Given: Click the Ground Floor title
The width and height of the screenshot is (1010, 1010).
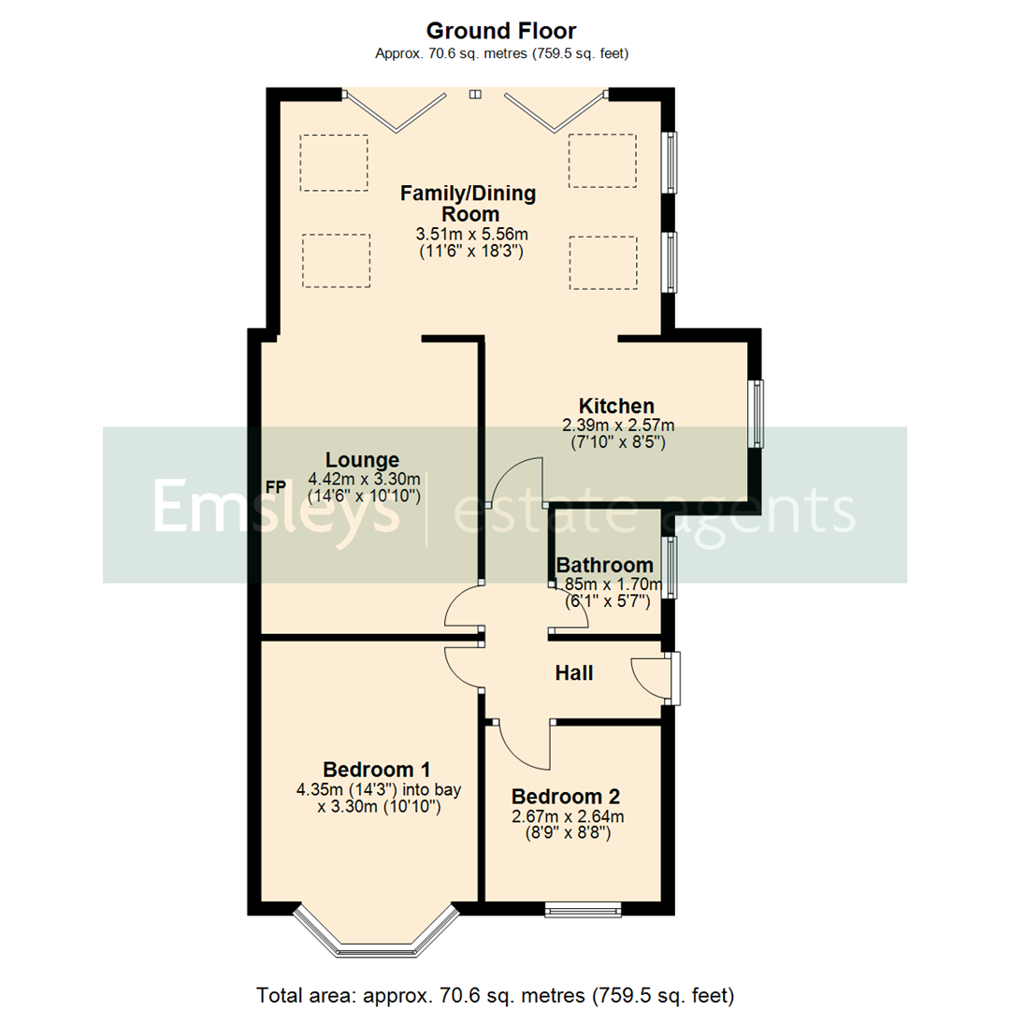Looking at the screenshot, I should tap(501, 32).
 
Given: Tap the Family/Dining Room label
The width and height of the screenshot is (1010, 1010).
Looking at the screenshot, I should tap(468, 204).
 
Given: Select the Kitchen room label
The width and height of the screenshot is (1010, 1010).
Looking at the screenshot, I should tap(616, 406).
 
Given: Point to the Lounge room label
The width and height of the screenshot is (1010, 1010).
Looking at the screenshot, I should tap(362, 459).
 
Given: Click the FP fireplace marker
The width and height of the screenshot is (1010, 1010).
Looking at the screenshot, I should tap(276, 487).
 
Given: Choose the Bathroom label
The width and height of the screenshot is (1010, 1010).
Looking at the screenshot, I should tap(604, 565).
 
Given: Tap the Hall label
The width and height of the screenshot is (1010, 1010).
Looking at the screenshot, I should tap(574, 672).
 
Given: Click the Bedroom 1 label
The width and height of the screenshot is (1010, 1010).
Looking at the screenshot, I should tap(378, 770).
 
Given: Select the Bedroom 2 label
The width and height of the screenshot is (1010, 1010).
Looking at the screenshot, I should tap(566, 797).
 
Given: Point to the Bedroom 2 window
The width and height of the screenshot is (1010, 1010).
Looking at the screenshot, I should tap(584, 906).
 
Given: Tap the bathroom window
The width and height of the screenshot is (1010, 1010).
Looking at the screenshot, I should tap(670, 567).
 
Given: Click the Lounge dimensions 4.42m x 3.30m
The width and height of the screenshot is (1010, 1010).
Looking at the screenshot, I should tap(365, 479).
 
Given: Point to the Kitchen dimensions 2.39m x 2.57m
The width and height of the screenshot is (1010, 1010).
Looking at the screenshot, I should tap(617, 425).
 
